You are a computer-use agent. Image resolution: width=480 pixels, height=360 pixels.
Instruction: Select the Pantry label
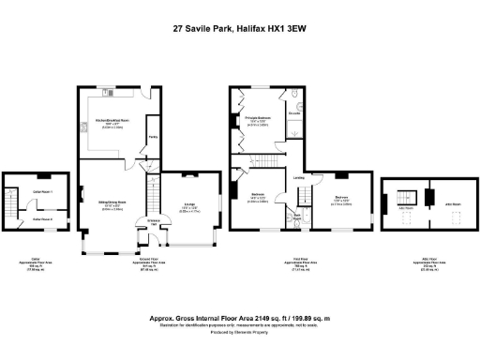tap(151, 143)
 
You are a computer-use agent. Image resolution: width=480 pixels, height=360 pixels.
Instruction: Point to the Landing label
tap(298, 178)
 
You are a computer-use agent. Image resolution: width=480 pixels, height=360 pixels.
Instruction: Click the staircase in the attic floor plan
tap(406, 199)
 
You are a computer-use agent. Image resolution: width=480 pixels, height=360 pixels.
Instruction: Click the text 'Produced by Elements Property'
tap(240, 334)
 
